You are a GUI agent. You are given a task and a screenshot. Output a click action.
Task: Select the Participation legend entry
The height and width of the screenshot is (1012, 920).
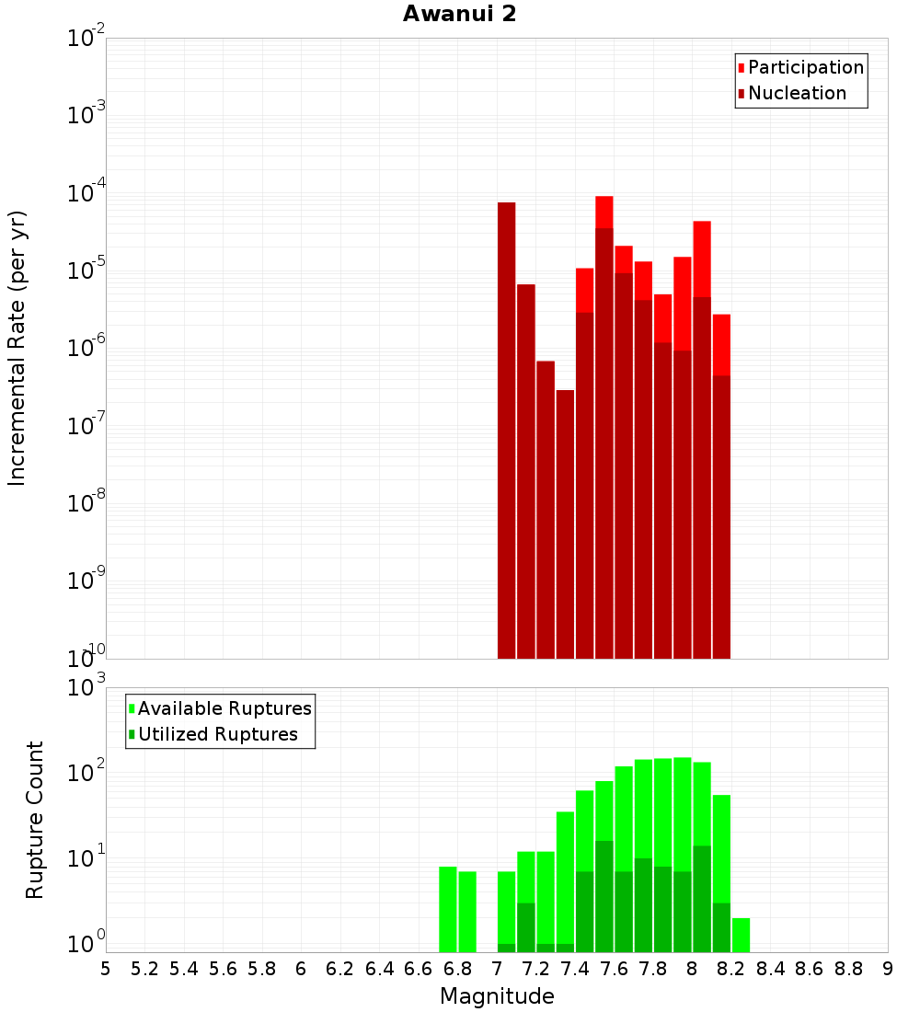[x=805, y=67]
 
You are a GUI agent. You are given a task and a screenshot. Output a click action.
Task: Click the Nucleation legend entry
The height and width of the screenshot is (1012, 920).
[x=796, y=93]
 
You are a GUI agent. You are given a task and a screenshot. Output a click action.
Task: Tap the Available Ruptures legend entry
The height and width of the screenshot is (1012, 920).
[x=224, y=708]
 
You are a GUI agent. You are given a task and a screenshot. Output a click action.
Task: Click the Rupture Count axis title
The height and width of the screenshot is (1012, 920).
[x=35, y=819]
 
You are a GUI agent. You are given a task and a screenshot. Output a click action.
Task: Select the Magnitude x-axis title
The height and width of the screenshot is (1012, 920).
[x=497, y=996]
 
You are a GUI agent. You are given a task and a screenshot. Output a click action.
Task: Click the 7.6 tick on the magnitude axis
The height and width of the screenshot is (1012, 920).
[x=614, y=969]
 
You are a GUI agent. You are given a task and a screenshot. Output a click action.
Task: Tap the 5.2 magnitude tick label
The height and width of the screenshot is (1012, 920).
[x=144, y=969]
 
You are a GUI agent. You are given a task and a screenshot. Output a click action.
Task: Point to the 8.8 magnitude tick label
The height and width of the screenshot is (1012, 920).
[x=848, y=969]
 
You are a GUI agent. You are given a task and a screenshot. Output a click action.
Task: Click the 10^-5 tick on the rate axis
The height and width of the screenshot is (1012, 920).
[x=85, y=270]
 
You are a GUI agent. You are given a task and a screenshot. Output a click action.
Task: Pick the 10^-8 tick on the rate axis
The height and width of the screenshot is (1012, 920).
[x=85, y=503]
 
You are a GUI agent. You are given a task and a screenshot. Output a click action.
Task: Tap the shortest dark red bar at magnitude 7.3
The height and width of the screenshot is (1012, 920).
[x=565, y=524]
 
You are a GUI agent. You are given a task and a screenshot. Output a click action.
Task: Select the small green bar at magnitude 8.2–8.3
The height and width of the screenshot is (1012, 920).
[x=741, y=935]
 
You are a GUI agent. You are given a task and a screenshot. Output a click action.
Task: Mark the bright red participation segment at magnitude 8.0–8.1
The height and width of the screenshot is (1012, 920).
[x=702, y=259]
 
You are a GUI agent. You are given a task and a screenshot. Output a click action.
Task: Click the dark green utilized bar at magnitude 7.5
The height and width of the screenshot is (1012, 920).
[x=604, y=896]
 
